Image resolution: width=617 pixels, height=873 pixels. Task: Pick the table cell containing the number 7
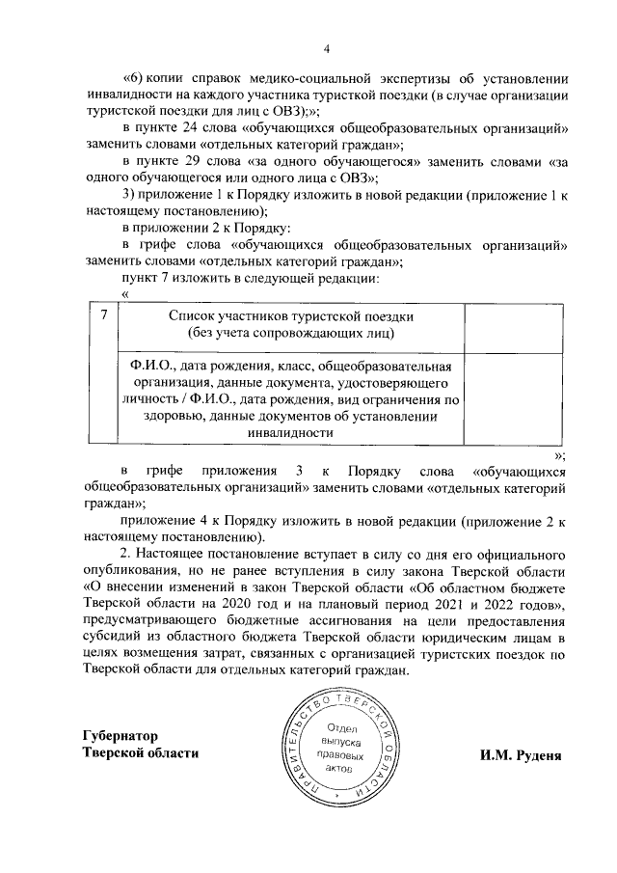[x=103, y=315]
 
